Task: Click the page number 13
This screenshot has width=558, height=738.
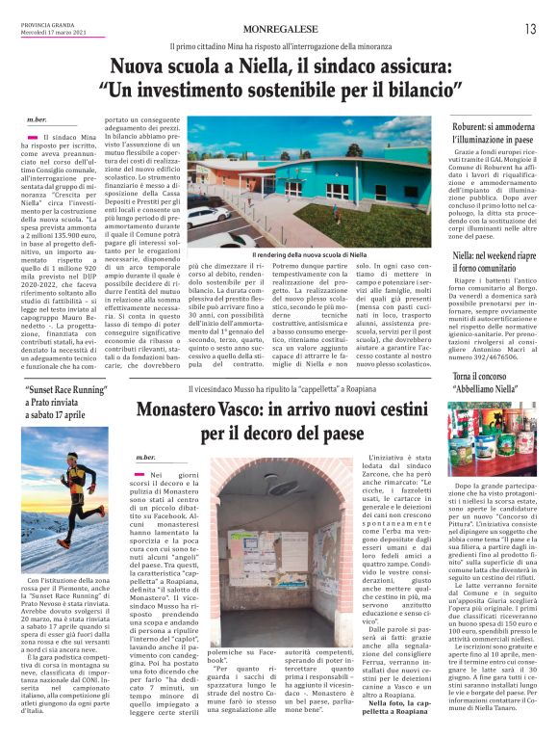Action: [x=530, y=29]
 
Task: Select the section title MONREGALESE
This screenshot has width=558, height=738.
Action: [x=278, y=30]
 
